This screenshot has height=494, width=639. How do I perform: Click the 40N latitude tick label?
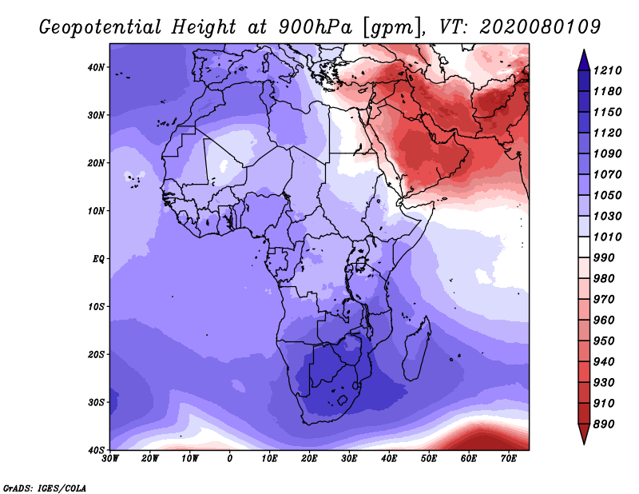[x=96, y=67]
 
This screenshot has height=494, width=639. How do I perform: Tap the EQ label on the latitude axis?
[x=98, y=259]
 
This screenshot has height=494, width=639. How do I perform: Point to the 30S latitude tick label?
[x=96, y=403]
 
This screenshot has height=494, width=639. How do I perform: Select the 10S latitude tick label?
[x=96, y=307]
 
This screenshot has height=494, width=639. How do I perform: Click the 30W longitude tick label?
[x=110, y=459]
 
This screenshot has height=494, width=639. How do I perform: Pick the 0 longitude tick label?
[x=230, y=459]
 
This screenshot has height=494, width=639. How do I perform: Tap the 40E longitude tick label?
[x=389, y=459]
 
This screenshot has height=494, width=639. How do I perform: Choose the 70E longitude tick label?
[x=509, y=459]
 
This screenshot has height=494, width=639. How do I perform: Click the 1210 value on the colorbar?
[x=607, y=70]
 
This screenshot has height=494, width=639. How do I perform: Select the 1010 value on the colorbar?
[x=607, y=237]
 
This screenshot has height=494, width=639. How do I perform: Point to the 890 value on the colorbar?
[x=604, y=424]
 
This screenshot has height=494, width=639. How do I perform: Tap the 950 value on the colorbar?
[x=604, y=341]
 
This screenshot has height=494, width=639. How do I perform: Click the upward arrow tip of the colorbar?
[x=584, y=50]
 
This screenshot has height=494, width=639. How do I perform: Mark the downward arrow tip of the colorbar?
[x=584, y=444]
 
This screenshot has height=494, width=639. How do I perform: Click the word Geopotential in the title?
[x=101, y=28]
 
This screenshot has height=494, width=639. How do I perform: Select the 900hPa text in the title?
[x=316, y=27]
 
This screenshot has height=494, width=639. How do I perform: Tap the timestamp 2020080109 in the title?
[x=540, y=27]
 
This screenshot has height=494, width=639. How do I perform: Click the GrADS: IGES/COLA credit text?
[x=45, y=488]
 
